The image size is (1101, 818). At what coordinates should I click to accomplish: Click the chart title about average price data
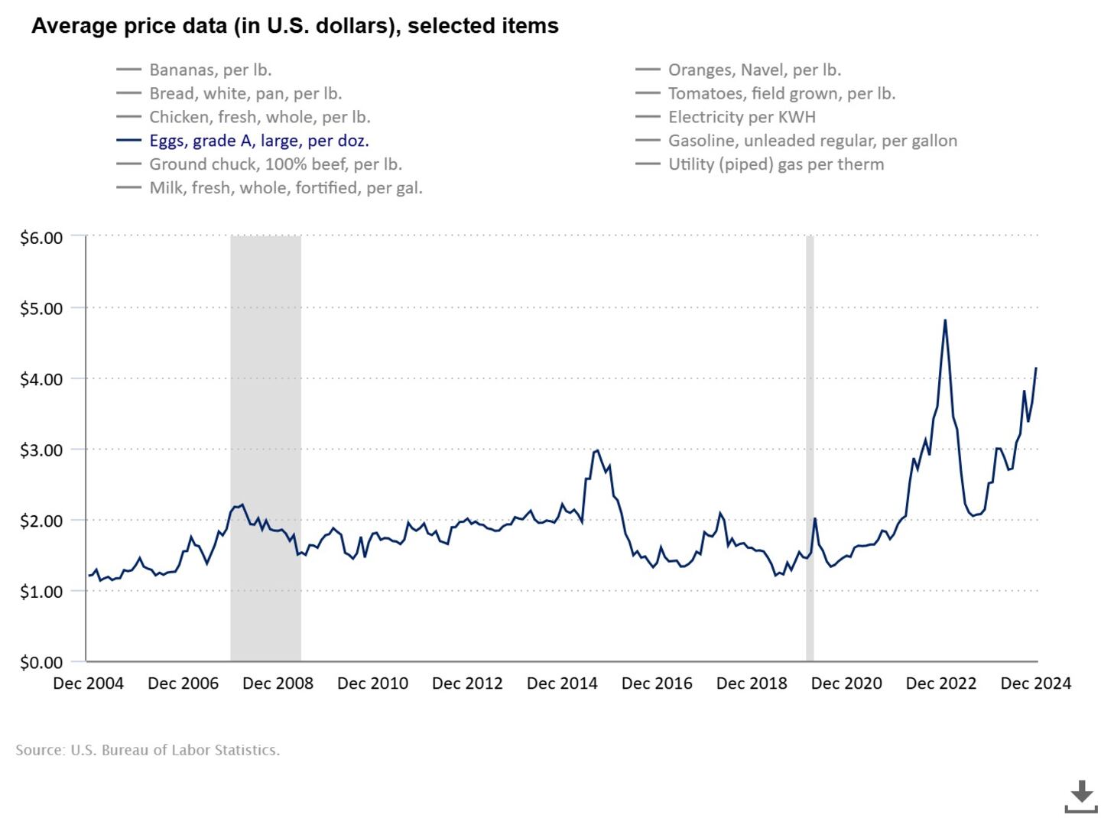(294, 26)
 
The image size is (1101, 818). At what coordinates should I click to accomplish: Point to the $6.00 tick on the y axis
(41, 238)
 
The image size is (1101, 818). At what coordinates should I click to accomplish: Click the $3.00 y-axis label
(41, 450)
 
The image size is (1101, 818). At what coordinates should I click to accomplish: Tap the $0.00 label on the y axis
(41, 662)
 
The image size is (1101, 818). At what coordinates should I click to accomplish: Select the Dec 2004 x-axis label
(88, 683)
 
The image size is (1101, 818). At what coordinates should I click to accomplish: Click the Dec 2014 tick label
(562, 683)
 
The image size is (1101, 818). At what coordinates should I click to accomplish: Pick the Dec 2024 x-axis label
(1035, 683)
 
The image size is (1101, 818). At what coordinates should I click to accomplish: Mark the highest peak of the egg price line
(945, 320)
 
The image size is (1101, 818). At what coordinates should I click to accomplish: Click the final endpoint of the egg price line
(1036, 368)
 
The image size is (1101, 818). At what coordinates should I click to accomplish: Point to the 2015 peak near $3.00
(596, 450)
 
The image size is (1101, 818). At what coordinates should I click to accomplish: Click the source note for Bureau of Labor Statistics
(148, 750)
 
